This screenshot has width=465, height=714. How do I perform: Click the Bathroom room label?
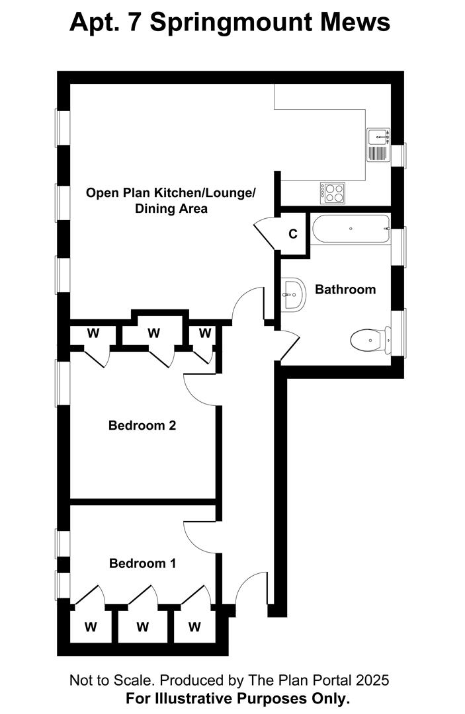tap(345, 290)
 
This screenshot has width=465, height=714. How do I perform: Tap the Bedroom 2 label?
tap(142, 425)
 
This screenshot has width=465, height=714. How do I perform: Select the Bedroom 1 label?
tap(143, 563)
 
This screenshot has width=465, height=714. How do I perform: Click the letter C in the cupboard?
tap(293, 234)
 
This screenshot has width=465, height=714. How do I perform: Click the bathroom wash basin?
tap(293, 295)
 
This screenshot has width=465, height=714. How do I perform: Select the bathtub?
tap(351, 229)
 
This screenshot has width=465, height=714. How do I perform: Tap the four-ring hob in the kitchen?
tap(333, 193)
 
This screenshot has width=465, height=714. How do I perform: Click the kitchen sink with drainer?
tap(378, 145)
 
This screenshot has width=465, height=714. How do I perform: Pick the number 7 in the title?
tap(134, 21)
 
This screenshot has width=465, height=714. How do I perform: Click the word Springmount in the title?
tap(232, 22)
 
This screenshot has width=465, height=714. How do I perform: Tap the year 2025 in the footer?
tap(372, 680)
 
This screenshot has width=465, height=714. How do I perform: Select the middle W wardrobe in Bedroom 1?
tap(143, 627)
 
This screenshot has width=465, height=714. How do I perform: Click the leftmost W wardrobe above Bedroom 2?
tap(93, 333)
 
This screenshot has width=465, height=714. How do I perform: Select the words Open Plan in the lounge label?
tap(118, 193)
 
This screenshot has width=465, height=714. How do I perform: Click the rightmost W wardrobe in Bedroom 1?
tap(194, 627)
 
